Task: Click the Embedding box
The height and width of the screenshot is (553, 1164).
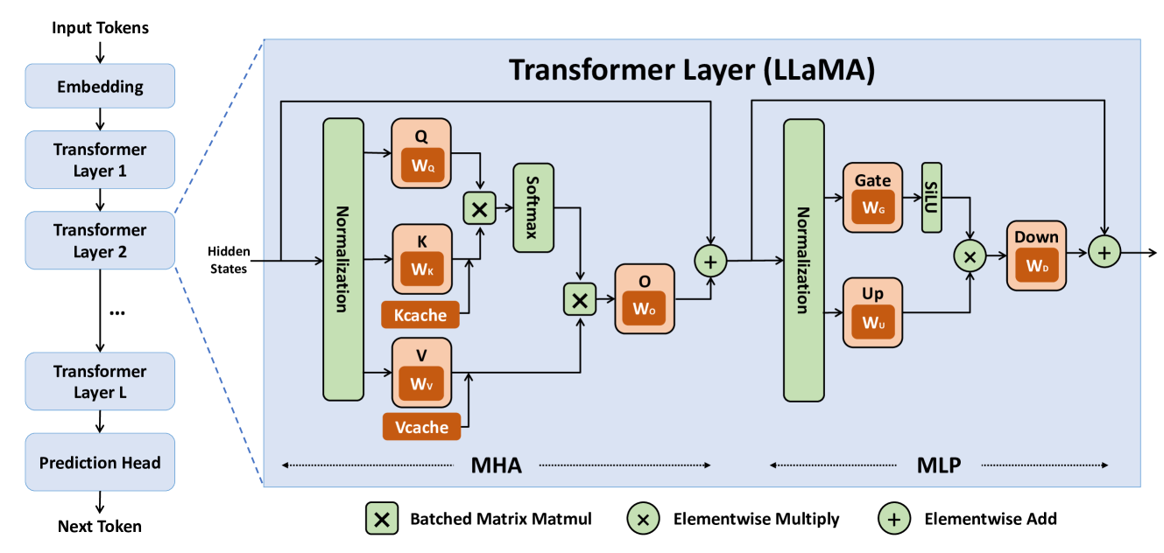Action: click(100, 87)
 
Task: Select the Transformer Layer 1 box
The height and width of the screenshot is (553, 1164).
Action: click(100, 160)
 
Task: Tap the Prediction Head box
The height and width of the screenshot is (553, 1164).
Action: click(100, 463)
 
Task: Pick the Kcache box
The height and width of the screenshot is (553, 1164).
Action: click(420, 315)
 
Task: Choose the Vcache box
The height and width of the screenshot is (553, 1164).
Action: click(420, 427)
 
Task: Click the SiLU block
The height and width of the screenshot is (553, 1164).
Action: click(931, 197)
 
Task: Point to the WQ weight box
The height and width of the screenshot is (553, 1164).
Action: click(421, 165)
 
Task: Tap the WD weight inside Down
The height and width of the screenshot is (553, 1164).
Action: click(1036, 265)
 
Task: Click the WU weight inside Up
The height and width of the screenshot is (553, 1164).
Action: click(872, 322)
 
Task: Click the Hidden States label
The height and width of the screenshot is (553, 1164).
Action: click(229, 260)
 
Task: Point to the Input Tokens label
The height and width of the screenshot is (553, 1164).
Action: click(100, 28)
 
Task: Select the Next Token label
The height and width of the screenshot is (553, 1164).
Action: click(100, 526)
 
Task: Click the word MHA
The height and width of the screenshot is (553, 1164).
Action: click(496, 465)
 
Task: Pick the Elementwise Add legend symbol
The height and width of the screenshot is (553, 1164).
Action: click(893, 519)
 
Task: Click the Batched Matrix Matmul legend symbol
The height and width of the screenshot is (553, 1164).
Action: click(382, 519)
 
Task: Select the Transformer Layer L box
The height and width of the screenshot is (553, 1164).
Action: click(100, 381)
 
